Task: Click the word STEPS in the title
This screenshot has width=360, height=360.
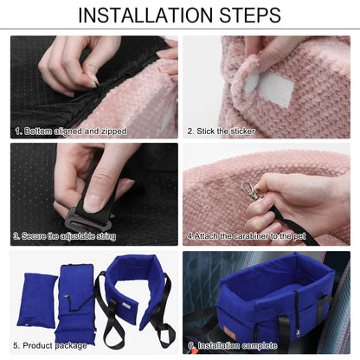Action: (x=250, y=16)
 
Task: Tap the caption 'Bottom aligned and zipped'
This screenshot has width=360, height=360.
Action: (x=75, y=132)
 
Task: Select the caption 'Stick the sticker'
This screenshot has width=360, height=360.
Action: (x=226, y=132)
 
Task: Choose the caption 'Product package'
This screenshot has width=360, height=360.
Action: (x=55, y=345)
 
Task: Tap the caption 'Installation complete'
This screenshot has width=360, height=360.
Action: (x=237, y=345)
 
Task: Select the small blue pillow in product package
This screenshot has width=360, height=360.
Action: (x=38, y=300)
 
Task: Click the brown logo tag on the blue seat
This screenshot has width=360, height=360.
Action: (x=231, y=331)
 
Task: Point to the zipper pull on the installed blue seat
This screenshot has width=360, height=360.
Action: (x=297, y=333)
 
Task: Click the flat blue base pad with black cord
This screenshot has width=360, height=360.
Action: (x=75, y=305)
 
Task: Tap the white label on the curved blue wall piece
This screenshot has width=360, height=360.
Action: (x=125, y=305)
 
